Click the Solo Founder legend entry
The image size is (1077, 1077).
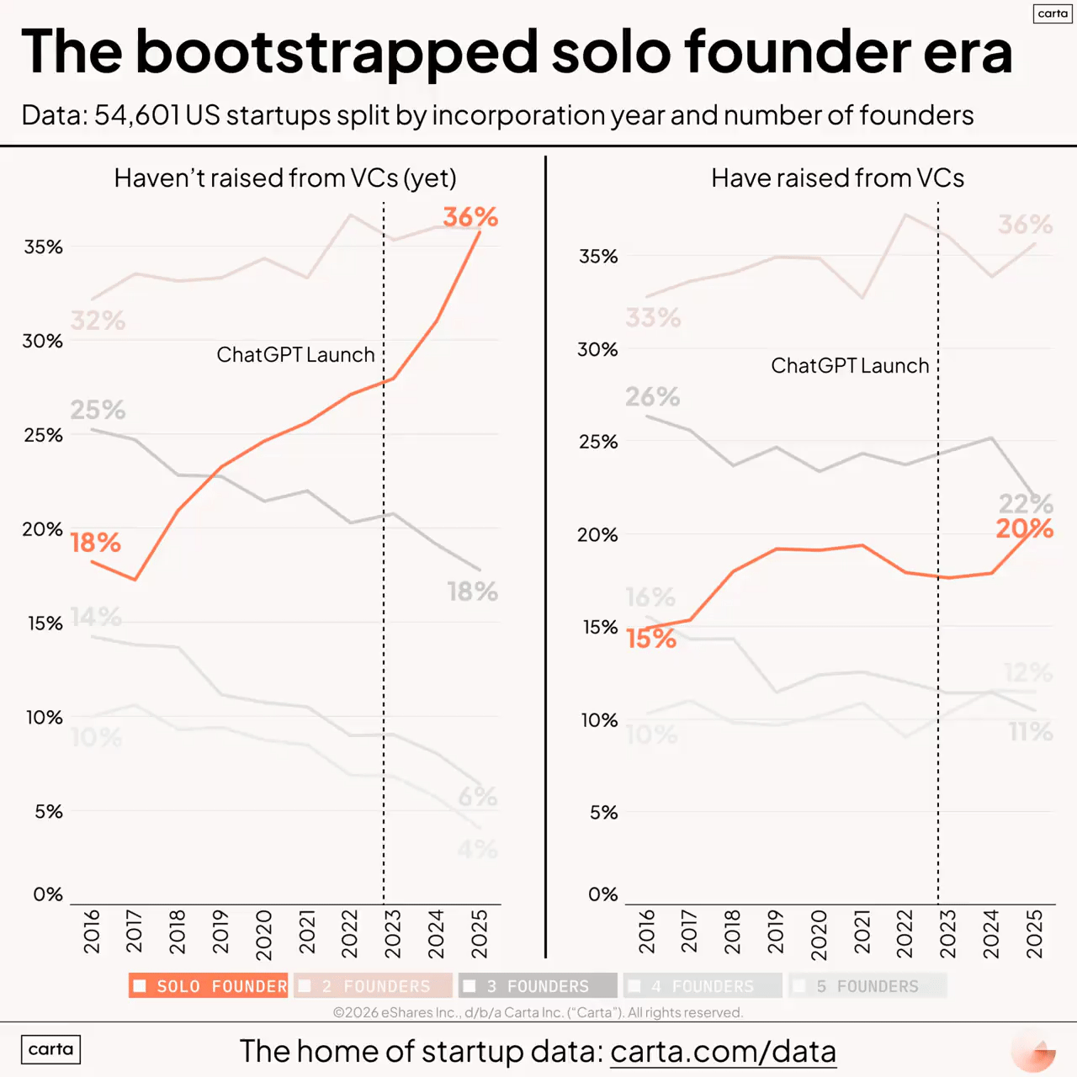click(210, 986)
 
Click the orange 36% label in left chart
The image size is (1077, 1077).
click(470, 217)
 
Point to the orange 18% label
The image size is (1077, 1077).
click(96, 543)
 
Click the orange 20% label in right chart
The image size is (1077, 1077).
click(1024, 529)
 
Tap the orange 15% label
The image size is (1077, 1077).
click(651, 639)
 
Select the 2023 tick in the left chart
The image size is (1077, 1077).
click(393, 933)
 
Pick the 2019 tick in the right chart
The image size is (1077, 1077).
click(775, 931)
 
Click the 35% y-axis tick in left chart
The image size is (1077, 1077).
click(44, 247)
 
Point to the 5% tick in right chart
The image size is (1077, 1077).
click(603, 813)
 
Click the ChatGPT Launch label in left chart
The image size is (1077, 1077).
click(295, 355)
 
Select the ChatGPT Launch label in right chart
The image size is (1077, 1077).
click(850, 366)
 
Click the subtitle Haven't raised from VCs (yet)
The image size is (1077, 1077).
click(285, 178)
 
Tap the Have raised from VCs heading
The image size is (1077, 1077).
click(837, 178)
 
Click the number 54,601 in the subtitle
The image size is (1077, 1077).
click(136, 115)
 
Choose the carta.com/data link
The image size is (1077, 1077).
click(723, 1052)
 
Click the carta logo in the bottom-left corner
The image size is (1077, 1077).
click(50, 1049)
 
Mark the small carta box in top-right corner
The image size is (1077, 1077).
click(1052, 13)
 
